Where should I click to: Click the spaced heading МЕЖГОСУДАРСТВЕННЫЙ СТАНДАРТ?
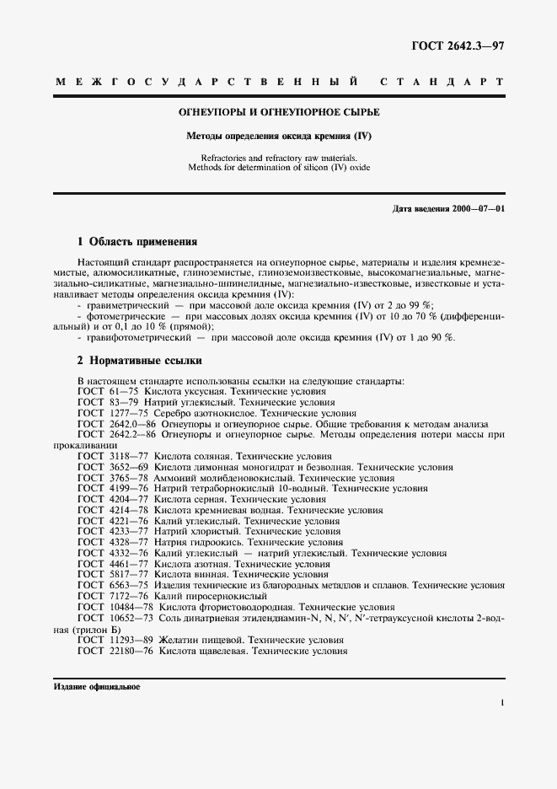click(279, 83)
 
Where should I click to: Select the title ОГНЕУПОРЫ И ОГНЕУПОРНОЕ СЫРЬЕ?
click(279, 112)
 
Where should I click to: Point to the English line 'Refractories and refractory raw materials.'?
click(279, 158)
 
